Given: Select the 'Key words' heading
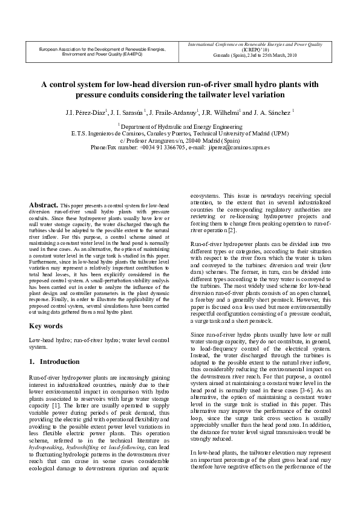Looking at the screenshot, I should [x=46, y=326].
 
